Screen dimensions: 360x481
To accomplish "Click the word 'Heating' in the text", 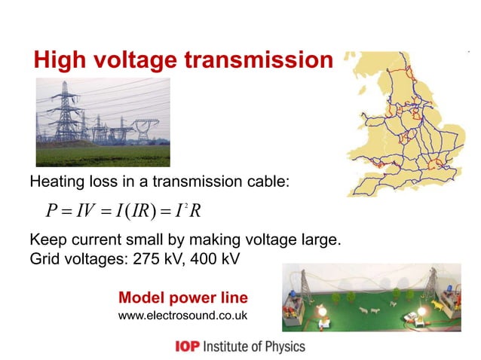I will [x=55, y=183].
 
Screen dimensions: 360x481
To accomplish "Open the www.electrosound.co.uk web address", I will [x=183, y=314].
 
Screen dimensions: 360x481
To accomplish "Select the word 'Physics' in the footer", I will [x=283, y=347].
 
